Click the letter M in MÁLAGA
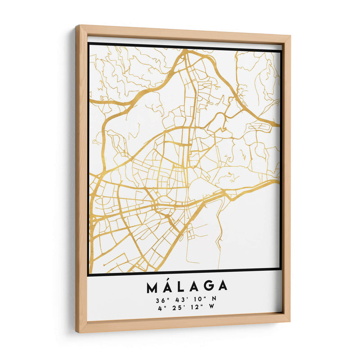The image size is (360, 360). (152, 287)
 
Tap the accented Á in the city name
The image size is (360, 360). (168, 287)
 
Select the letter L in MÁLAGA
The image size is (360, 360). (182, 287)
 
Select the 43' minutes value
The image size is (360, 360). (179, 299)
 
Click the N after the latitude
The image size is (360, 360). (214, 299)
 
